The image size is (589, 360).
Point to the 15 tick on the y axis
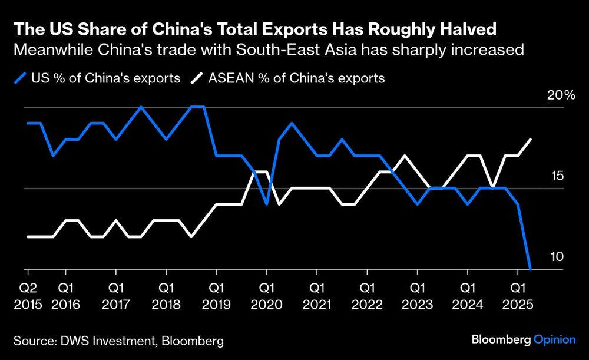tap(557, 176)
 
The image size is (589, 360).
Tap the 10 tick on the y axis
tap(557, 257)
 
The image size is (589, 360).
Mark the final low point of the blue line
tap(531, 269)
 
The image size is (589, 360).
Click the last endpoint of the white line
tap(531, 140)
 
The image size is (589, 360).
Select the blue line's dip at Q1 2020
tap(267, 204)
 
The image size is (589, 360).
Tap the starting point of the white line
tap(28, 236)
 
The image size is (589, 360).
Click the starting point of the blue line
tap(28, 123)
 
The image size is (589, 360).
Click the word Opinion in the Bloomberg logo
tap(554, 339)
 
